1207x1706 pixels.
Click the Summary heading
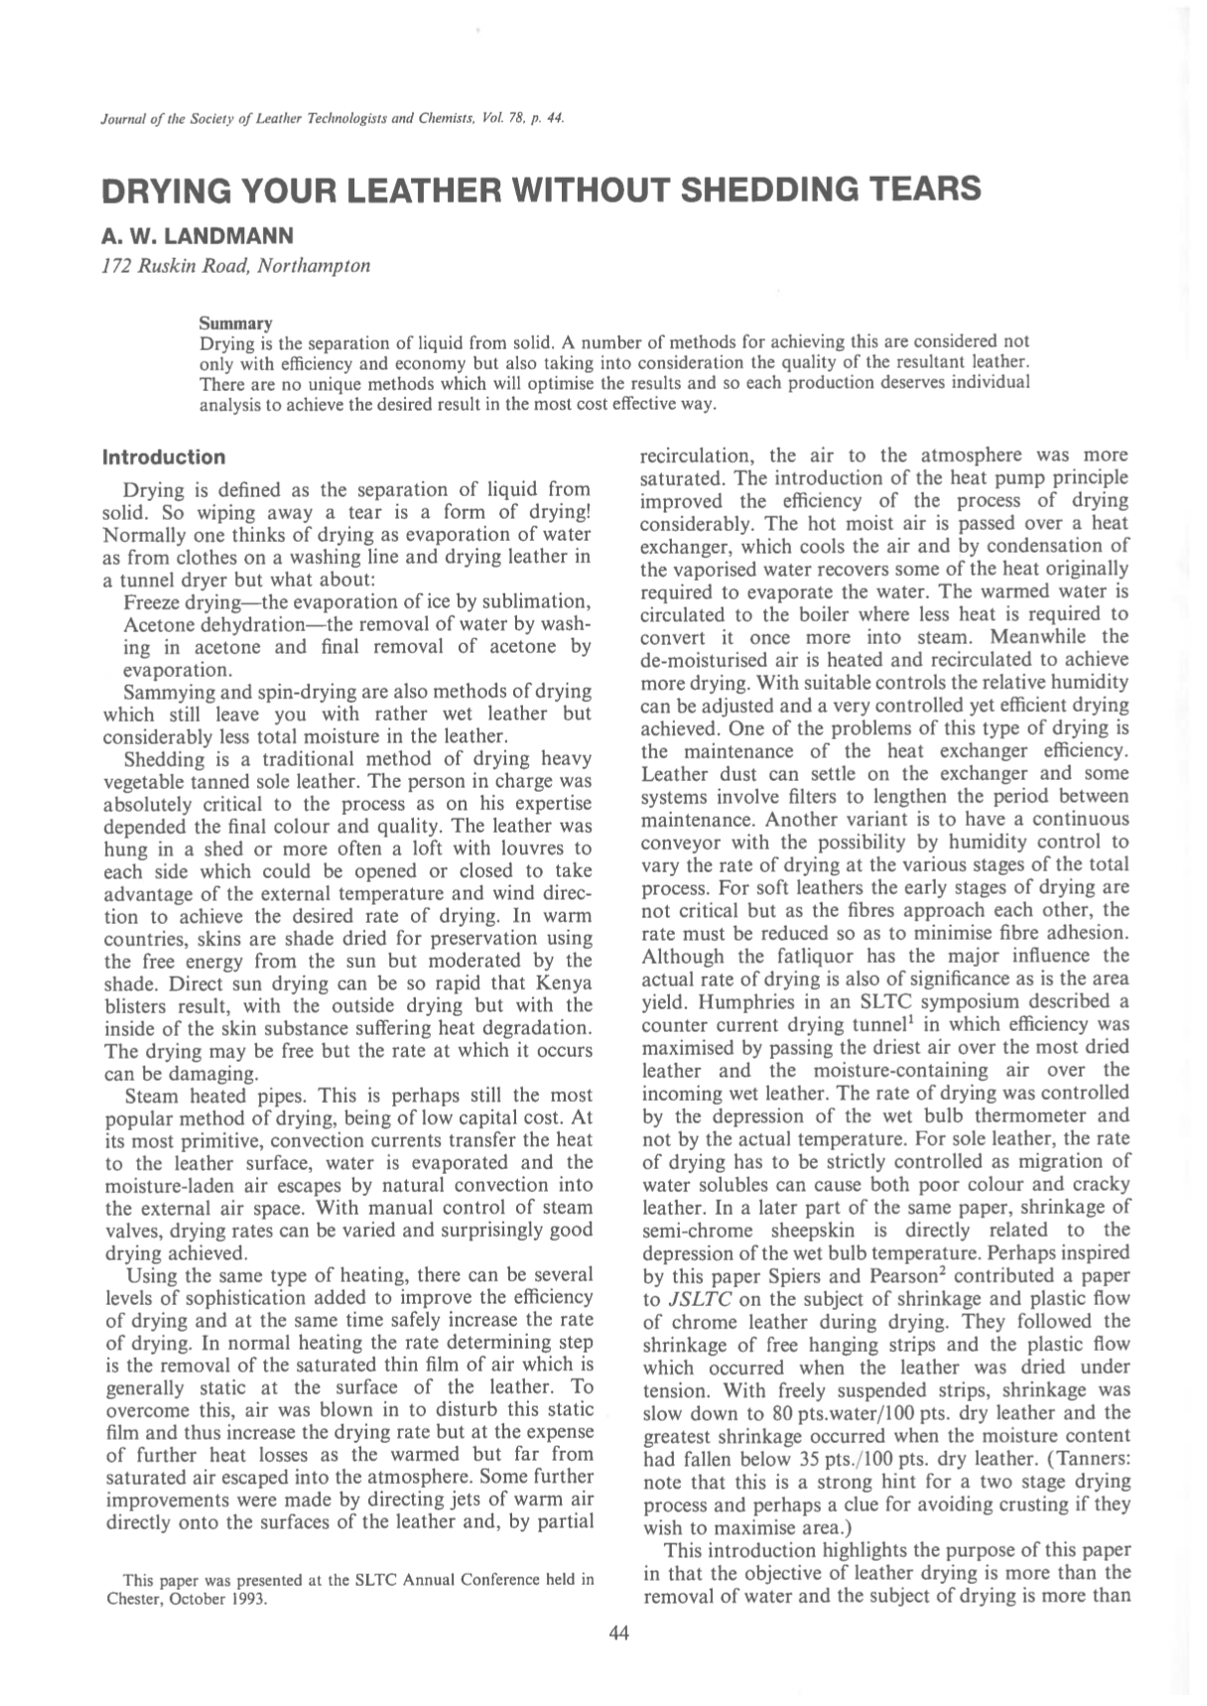[235, 324]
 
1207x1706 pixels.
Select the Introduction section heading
[164, 458]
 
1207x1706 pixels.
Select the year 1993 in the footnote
[249, 1600]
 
